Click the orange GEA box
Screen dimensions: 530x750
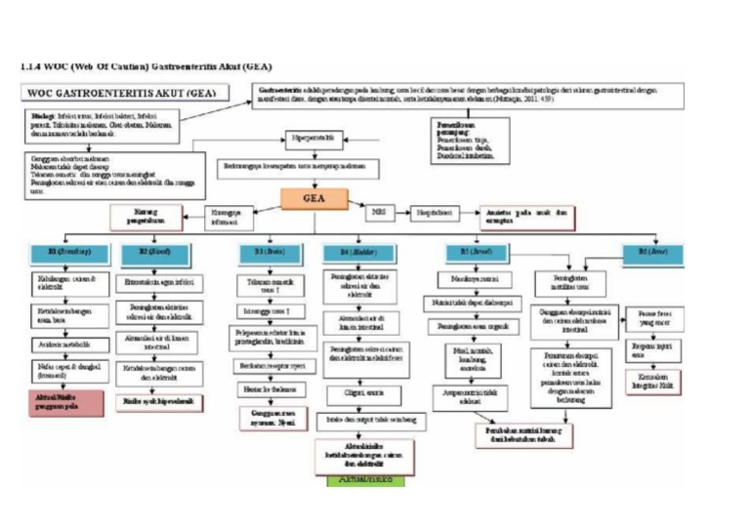coord(313,198)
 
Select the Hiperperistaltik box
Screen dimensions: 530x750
coord(314,139)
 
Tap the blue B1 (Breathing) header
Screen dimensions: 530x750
coord(66,251)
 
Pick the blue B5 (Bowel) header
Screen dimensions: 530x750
coord(476,251)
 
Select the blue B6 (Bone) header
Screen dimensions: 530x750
coord(655,251)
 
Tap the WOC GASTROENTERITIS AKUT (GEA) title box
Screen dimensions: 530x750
coord(123,95)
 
